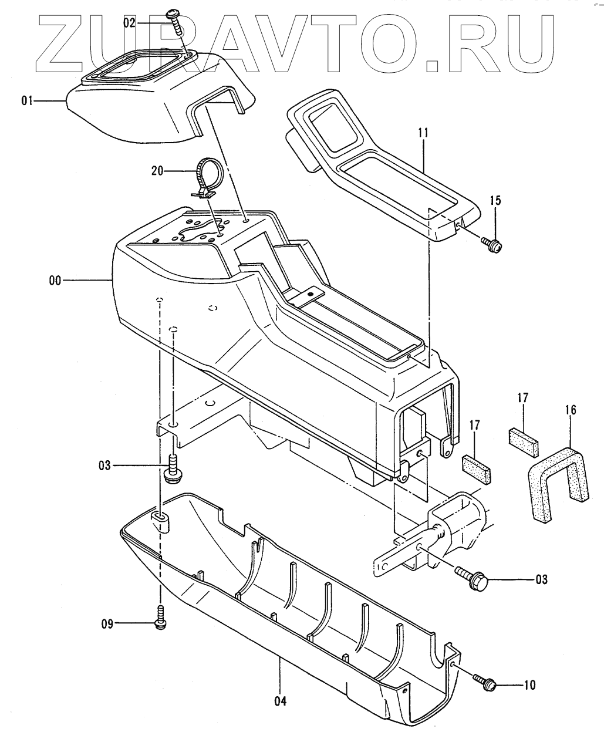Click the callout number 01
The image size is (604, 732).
(26, 102)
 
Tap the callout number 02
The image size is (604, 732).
(129, 23)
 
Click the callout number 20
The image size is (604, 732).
(158, 171)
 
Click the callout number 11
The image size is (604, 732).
(423, 133)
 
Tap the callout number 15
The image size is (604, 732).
(495, 201)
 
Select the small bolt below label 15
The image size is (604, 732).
(491, 244)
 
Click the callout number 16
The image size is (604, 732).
(571, 410)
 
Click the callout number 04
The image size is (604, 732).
(280, 700)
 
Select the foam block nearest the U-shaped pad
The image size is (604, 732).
(523, 441)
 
